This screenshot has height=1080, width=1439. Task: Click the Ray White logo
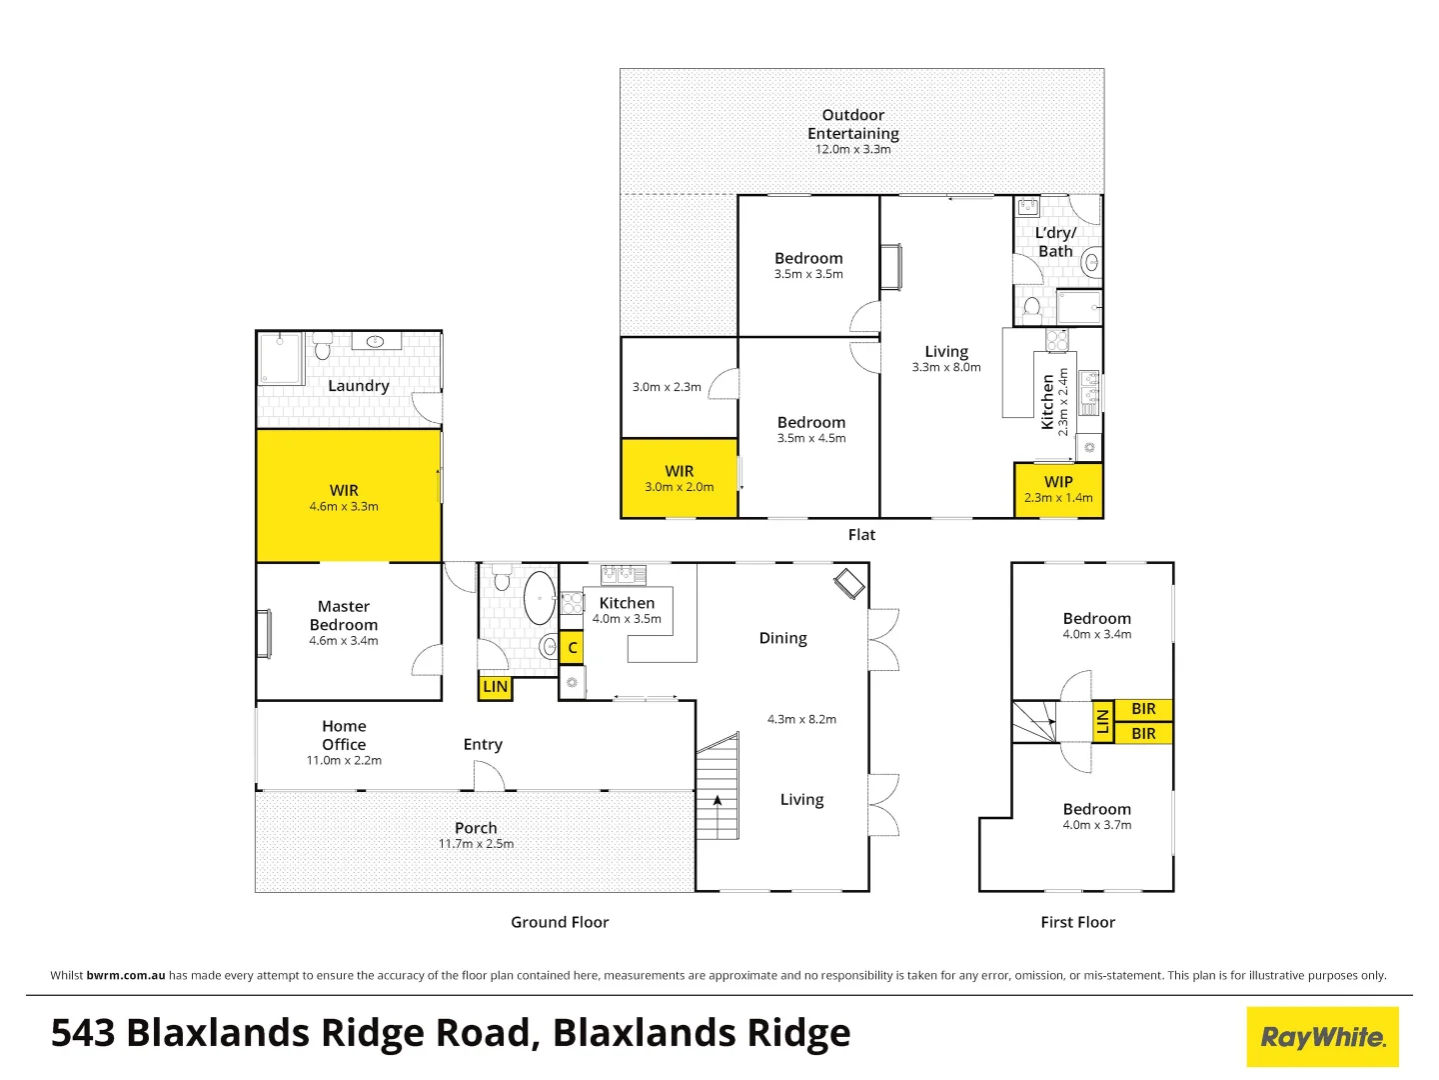pyautogui.click(x=1322, y=1037)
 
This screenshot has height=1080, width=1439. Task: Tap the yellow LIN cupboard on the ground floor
pyautogui.click(x=495, y=687)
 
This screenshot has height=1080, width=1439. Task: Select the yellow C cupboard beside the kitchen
pyautogui.click(x=572, y=648)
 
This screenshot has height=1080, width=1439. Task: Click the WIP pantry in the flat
pyautogui.click(x=1058, y=490)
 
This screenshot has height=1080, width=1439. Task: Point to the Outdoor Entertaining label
pyautogui.click(x=853, y=124)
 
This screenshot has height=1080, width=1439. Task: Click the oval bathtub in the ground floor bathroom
pyautogui.click(x=540, y=598)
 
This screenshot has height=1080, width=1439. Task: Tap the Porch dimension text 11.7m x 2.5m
pyautogui.click(x=476, y=844)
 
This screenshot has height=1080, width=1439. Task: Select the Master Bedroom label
pyautogui.click(x=344, y=616)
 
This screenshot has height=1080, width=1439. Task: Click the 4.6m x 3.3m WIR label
pyautogui.click(x=344, y=506)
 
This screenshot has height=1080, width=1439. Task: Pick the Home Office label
pyautogui.click(x=344, y=735)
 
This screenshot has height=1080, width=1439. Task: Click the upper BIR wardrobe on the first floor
pyautogui.click(x=1143, y=709)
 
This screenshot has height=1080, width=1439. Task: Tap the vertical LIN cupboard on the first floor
pyautogui.click(x=1102, y=721)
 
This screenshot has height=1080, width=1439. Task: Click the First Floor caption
pyautogui.click(x=1078, y=922)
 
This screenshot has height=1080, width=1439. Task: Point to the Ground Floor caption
pyautogui.click(x=560, y=922)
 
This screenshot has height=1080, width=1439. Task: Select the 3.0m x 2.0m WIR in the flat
pyautogui.click(x=680, y=478)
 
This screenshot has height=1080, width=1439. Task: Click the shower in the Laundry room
pyautogui.click(x=280, y=358)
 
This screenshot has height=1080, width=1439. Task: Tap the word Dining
pyautogui.click(x=782, y=638)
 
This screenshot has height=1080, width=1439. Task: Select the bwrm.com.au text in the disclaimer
pyautogui.click(x=126, y=975)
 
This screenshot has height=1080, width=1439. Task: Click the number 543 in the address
pyautogui.click(x=83, y=1033)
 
